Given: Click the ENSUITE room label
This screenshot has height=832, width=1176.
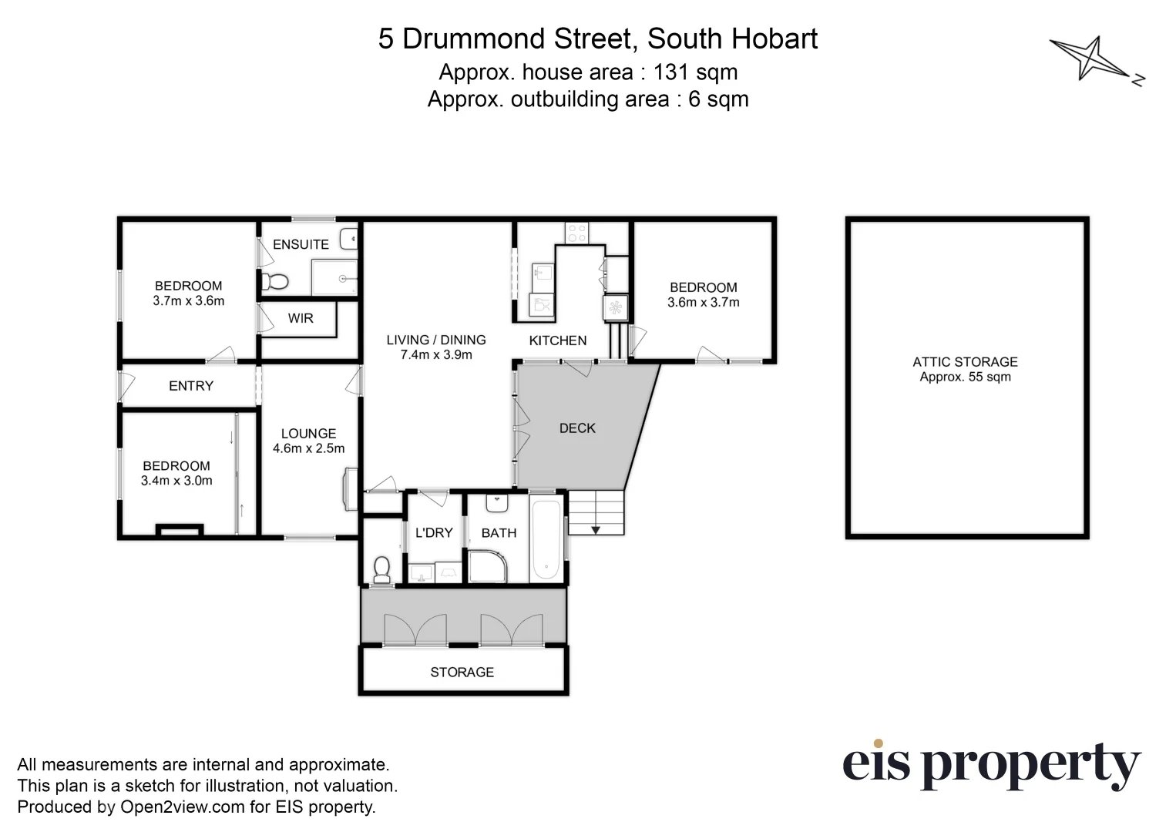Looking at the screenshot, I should point(301,244).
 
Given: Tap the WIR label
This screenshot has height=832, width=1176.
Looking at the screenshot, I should point(301,318).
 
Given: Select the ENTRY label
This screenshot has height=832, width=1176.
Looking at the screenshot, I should point(191,386).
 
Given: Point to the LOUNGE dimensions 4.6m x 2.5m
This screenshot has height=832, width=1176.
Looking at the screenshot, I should point(308,448).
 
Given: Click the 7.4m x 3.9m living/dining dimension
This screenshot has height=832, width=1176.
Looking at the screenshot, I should point(436,355).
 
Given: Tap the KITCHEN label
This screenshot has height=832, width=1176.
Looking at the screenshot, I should point(558,341).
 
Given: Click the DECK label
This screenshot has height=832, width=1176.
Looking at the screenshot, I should point(577,428).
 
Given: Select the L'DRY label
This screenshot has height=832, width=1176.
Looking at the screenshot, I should point(434,533).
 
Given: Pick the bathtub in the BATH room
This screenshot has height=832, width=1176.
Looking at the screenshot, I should point(546,539).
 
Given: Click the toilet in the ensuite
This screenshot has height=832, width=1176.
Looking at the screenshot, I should point(274,281).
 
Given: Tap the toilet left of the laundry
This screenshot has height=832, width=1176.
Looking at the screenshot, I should point(381,569).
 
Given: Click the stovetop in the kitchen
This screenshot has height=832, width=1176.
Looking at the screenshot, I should point(576,232).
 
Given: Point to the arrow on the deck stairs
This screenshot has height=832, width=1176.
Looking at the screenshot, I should point(596,529).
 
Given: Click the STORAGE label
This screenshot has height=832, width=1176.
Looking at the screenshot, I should point(462,673).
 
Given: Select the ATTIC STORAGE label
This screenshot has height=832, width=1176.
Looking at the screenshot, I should point(965,362).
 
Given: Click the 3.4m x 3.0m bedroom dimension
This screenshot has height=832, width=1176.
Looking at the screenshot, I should point(176,481).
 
